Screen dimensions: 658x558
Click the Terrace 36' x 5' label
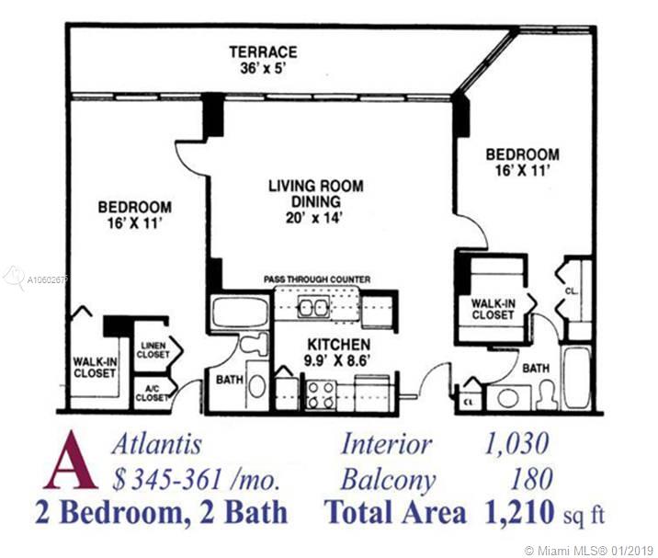pyautogui.click(x=263, y=60)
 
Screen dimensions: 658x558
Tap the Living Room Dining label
pyautogui.click(x=316, y=194)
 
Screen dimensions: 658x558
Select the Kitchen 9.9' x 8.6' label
pyautogui.click(x=339, y=352)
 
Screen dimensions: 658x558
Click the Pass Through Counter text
pyautogui.click(x=317, y=279)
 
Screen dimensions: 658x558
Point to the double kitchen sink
pyautogui.click(x=312, y=307)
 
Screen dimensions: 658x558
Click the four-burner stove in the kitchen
pyautogui.click(x=321, y=394)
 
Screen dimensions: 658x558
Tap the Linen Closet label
pyautogui.click(x=153, y=349)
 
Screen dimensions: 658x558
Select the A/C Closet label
pyautogui.click(x=152, y=393)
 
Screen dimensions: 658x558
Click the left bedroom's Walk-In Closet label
pyautogui.click(x=95, y=368)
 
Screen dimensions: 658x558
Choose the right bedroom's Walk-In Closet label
pyautogui.click(x=493, y=309)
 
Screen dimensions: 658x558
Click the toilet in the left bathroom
pyautogui.click(x=255, y=344)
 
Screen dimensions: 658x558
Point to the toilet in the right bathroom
pyautogui.click(x=547, y=395)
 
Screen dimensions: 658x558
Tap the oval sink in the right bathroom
pyautogui.click(x=508, y=398)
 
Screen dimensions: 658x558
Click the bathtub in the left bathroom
pyautogui.click(x=241, y=312)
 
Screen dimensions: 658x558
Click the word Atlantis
pyautogui.click(x=156, y=444)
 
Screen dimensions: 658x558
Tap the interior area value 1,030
pyautogui.click(x=516, y=444)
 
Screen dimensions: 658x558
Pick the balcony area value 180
pyautogui.click(x=531, y=479)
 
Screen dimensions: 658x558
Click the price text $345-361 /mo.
pyautogui.click(x=196, y=480)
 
